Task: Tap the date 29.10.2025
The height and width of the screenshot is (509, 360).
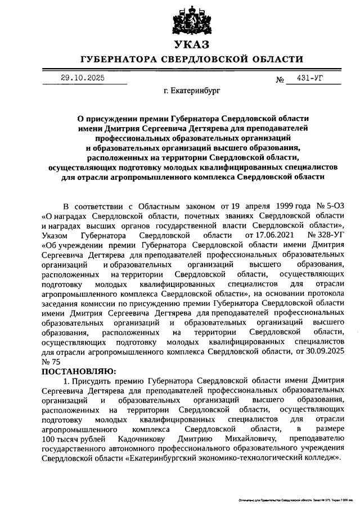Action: tap(82, 78)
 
